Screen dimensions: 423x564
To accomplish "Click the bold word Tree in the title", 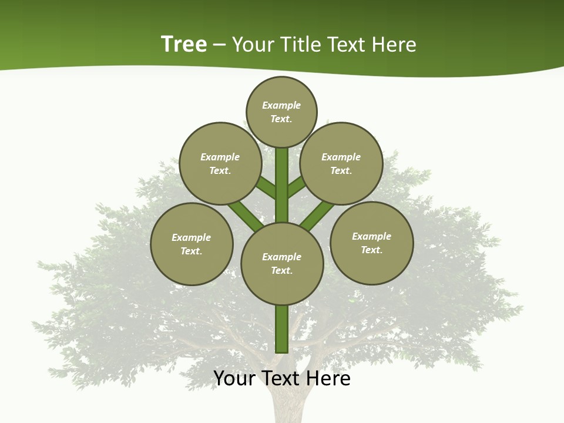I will (184, 44).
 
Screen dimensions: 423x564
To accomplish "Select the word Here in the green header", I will (395, 45).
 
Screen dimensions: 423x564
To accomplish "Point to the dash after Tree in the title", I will (219, 45).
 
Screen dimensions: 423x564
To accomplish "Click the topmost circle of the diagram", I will (281, 112).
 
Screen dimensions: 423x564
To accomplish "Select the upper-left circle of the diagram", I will (220, 163).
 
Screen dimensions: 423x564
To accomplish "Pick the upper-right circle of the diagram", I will (341, 163).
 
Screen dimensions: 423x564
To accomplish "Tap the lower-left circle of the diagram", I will (192, 244).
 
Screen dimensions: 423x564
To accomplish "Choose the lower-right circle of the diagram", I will (371, 243).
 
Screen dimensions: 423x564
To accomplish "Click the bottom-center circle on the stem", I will (282, 264).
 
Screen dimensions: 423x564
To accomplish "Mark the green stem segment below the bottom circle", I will (282, 329).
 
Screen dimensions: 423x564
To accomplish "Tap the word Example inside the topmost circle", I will (281, 105).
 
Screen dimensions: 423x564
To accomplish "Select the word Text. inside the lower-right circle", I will (371, 250).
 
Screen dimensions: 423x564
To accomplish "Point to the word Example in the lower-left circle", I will (191, 237).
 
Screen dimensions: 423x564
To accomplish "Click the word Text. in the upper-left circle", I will (220, 170).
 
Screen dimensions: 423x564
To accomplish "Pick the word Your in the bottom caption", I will (234, 378).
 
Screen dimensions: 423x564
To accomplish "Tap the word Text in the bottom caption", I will (281, 378).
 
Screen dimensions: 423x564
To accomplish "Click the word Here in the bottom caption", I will (328, 378).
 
